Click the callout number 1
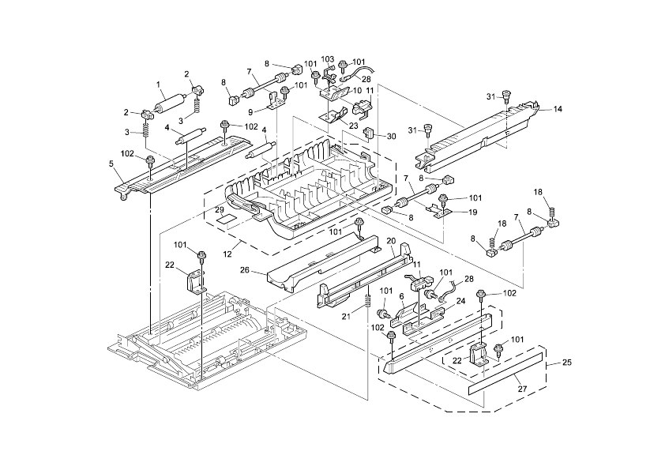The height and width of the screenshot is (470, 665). [x=158, y=85]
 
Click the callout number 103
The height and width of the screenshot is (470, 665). [x=328, y=59]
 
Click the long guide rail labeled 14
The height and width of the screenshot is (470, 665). [x=482, y=130]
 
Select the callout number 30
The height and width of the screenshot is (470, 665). [x=392, y=136]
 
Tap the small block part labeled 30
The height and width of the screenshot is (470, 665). [x=369, y=133]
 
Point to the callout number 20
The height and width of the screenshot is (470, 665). [x=390, y=241]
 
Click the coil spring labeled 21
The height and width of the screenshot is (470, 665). [x=368, y=302]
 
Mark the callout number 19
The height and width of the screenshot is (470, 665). [x=472, y=212]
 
